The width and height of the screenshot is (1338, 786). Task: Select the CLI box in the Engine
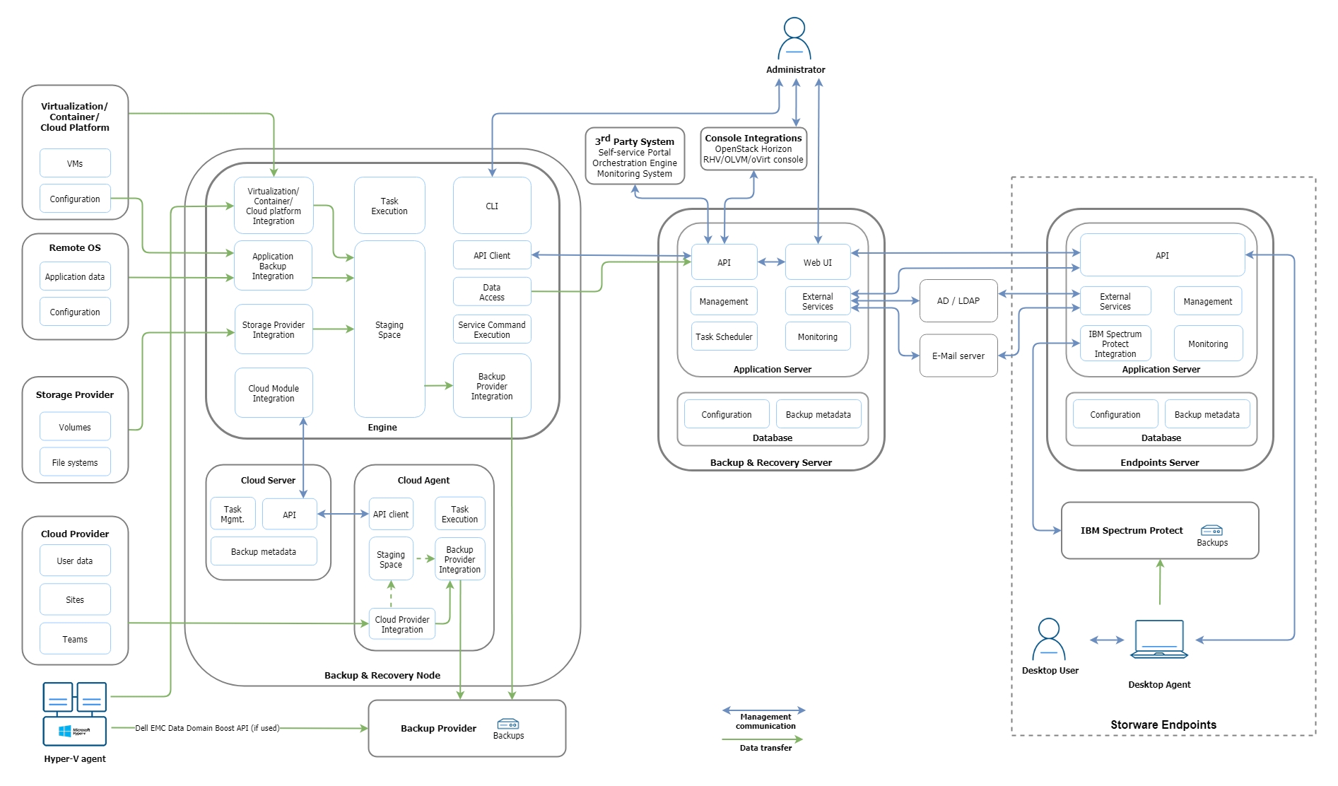(x=492, y=206)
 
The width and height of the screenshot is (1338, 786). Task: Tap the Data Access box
(x=492, y=292)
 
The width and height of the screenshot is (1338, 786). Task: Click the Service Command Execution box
(x=492, y=329)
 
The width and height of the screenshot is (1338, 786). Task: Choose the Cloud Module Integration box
(x=274, y=393)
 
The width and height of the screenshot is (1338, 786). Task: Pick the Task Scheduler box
(x=724, y=336)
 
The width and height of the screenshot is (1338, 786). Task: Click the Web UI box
(x=817, y=262)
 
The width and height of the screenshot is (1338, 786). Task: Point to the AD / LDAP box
(x=958, y=301)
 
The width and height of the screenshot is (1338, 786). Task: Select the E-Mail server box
(x=958, y=356)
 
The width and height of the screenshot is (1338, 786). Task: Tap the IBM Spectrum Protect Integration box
(x=1115, y=344)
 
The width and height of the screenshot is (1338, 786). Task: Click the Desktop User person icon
(x=1049, y=639)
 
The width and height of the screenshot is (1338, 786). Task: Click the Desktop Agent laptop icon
(x=1159, y=639)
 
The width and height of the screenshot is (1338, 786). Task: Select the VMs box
(x=75, y=163)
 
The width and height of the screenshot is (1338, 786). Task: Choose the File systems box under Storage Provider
(x=75, y=462)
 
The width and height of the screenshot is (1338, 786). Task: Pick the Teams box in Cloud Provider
(x=75, y=639)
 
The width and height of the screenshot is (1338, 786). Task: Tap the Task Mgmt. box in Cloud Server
(x=233, y=514)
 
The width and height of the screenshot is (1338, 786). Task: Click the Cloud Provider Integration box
(x=402, y=624)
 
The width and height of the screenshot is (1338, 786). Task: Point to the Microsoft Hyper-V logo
(x=75, y=731)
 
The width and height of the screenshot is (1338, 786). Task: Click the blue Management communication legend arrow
(x=763, y=710)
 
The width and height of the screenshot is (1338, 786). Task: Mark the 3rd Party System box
(x=635, y=156)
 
